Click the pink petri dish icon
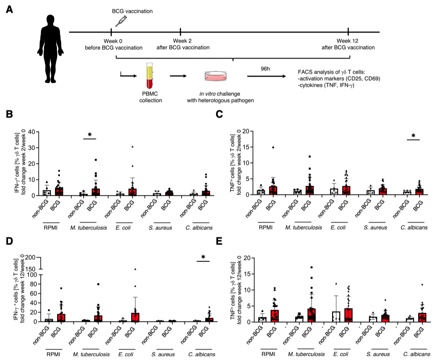coord(216,76)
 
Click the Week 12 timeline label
coord(349,41)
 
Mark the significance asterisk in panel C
coord(413,136)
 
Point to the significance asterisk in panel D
coord(203,257)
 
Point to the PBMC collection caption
coord(151,98)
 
